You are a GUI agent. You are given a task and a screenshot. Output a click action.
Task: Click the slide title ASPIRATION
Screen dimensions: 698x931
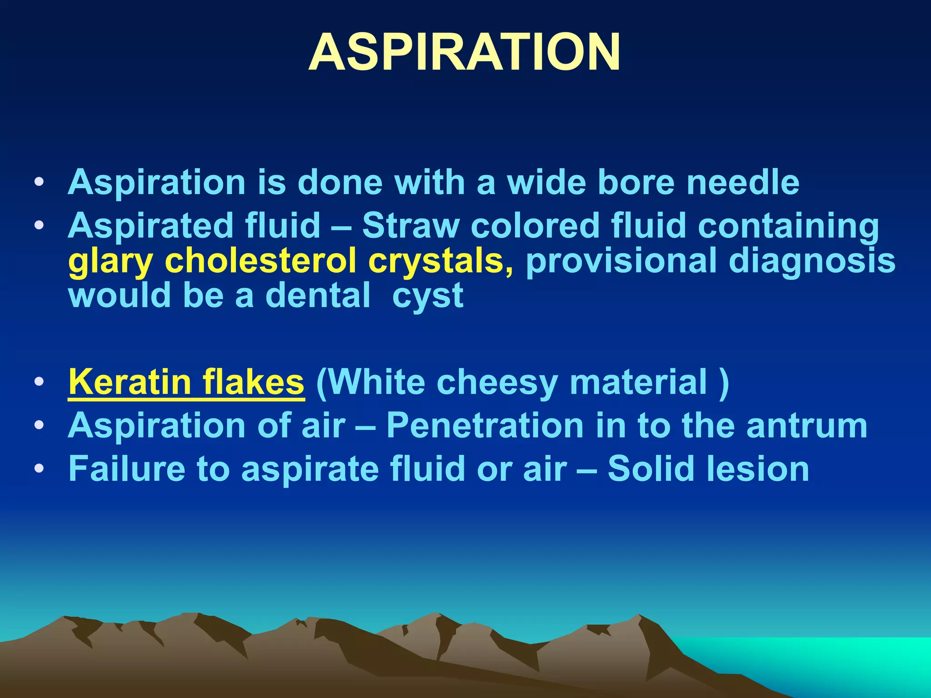(465, 52)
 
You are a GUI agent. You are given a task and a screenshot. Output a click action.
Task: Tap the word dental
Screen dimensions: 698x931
(318, 296)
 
